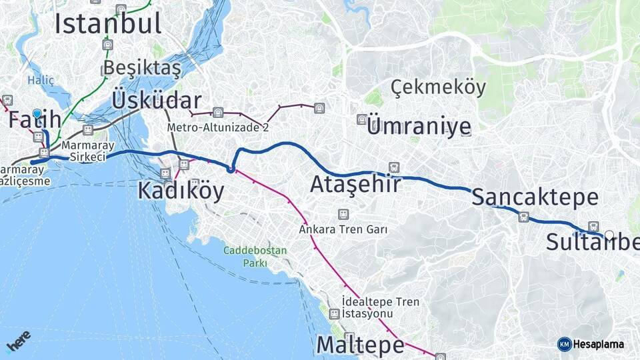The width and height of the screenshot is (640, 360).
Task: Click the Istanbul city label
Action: click(108, 23)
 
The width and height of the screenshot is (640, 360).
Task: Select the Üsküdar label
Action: click(157, 101)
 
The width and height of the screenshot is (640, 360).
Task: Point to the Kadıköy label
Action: click(181, 191)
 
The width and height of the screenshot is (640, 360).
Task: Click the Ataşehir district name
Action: click(355, 184)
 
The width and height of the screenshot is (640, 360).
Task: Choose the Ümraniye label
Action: click(419, 127)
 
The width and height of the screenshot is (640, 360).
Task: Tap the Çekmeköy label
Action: click(438, 87)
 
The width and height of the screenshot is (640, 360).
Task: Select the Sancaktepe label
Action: click(535, 197)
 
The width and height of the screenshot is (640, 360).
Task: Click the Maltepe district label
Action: click(360, 345)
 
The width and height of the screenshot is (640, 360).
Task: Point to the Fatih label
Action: click(35, 121)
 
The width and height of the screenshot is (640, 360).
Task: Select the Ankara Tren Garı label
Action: click(343, 229)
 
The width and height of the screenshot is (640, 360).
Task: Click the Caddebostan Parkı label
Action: click(255, 257)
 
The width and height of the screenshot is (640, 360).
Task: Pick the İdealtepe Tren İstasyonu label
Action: click(380, 307)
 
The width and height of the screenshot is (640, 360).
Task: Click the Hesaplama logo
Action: click(591, 344)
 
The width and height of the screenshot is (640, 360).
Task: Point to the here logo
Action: click(18, 341)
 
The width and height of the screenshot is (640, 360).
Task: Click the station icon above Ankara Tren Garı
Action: click(343, 215)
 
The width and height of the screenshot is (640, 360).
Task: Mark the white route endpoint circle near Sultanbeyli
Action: click(609, 235)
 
